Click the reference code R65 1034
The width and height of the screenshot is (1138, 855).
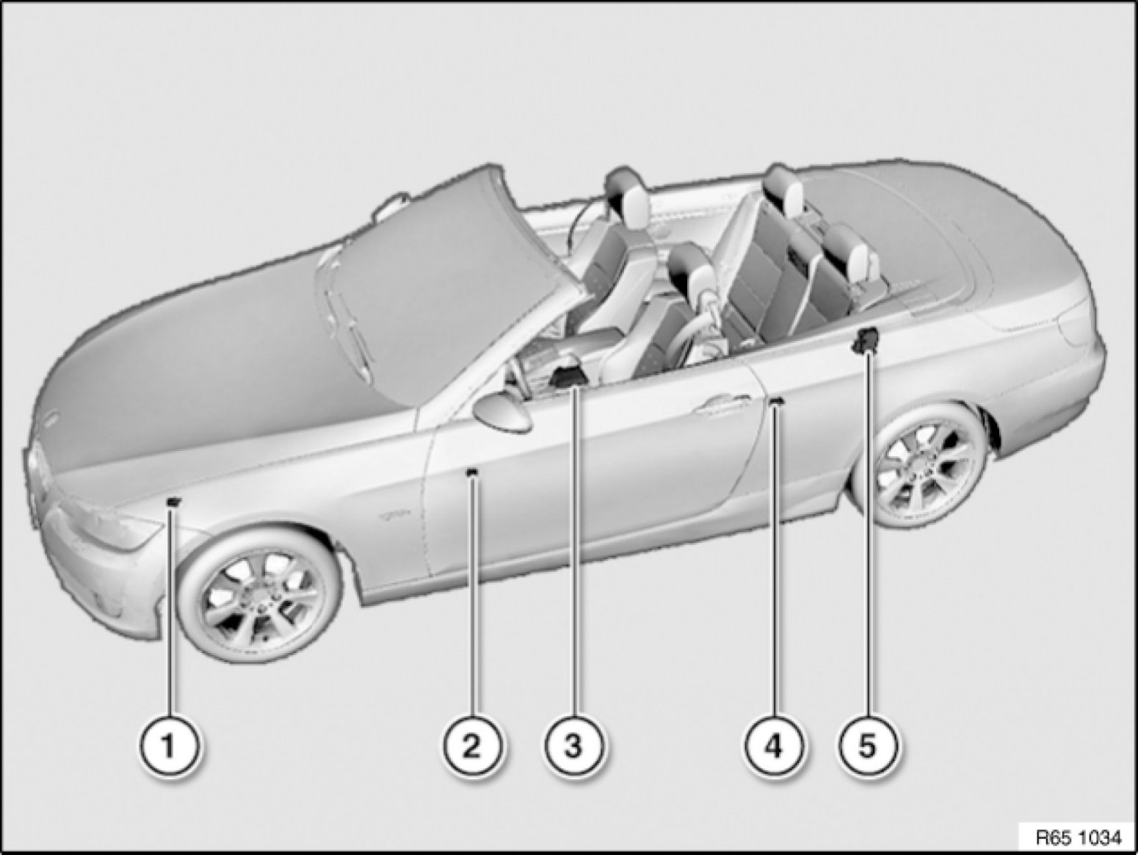[1077, 837]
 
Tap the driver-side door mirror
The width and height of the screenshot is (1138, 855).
[502, 413]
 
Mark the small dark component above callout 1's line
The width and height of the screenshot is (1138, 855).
[173, 502]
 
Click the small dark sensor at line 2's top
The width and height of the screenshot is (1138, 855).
[471, 472]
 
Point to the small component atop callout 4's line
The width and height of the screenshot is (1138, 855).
[775, 401]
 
